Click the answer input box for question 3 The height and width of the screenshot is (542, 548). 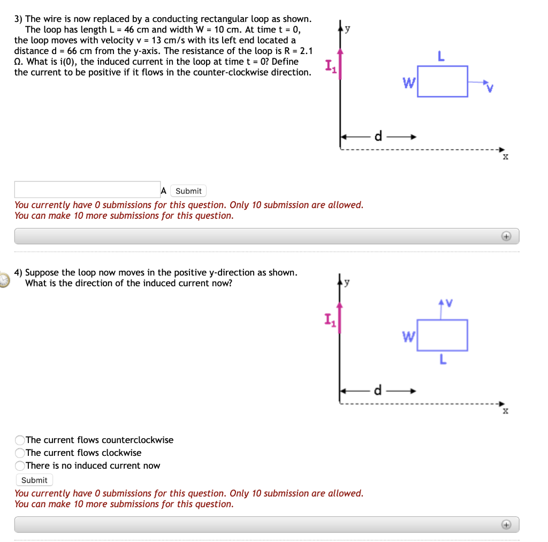(87, 190)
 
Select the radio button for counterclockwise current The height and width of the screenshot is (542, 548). (20, 440)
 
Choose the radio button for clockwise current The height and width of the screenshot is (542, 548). (20, 453)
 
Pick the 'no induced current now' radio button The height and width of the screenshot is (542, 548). (20, 465)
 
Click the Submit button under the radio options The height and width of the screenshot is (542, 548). (35, 480)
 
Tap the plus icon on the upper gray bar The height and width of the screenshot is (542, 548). (506, 236)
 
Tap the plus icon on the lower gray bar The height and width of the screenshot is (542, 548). (506, 524)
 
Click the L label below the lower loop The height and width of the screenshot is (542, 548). (442, 360)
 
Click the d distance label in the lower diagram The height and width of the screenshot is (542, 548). (378, 390)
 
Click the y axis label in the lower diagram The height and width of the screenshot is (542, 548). (347, 282)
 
